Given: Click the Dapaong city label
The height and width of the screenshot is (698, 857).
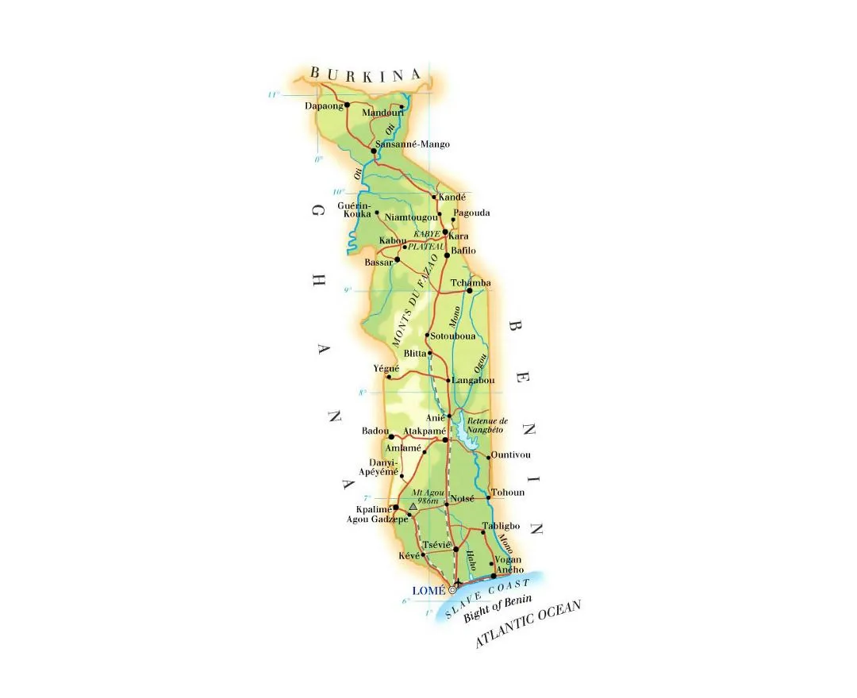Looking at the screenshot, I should click(x=323, y=105).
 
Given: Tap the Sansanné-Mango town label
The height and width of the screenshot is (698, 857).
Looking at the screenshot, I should click(x=412, y=144).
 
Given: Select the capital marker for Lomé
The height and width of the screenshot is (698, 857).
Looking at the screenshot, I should click(x=453, y=589).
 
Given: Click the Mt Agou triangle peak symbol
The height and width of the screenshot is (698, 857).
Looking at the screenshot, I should click(x=413, y=506).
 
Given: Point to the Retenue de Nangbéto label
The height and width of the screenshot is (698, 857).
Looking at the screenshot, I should click(x=487, y=424).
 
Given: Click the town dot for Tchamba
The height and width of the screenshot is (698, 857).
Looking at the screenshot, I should click(x=470, y=290).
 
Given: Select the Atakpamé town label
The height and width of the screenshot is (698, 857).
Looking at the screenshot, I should click(x=419, y=431).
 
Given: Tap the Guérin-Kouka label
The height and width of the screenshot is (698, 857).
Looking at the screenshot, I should click(x=354, y=210).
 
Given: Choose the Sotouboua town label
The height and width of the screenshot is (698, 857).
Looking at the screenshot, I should click(x=452, y=336).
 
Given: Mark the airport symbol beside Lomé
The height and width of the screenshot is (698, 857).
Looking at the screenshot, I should click(x=459, y=583).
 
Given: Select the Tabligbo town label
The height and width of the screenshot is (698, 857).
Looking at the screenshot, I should click(x=501, y=526).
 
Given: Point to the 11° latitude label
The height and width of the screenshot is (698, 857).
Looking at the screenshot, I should click(x=273, y=95).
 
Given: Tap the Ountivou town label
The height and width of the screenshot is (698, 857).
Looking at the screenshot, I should click(x=510, y=454).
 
